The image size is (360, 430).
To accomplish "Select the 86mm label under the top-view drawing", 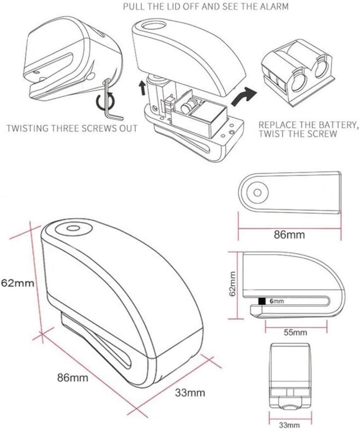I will click(289, 235).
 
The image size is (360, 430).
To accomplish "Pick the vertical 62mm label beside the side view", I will click(233, 283).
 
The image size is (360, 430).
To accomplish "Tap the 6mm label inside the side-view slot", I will click(277, 301).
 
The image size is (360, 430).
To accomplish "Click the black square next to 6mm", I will click(262, 301).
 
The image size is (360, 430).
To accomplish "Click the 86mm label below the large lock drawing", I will click(73, 378).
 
